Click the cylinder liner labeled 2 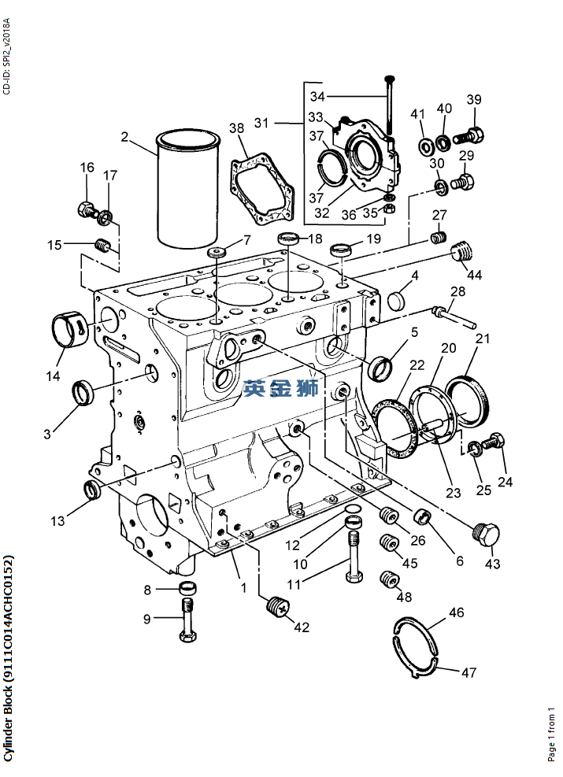188,189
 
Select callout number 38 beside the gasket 236,128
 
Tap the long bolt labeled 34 389,104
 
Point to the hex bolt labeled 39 469,135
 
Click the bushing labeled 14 70,330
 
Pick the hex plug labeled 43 486,535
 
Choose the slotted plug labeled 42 277,605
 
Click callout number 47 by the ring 469,672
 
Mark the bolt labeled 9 188,621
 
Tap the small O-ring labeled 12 353,509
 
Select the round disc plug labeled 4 398,301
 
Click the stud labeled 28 454,317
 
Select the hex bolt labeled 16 87,209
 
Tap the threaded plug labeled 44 463,251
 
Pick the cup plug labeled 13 92,490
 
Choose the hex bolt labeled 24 493,442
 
